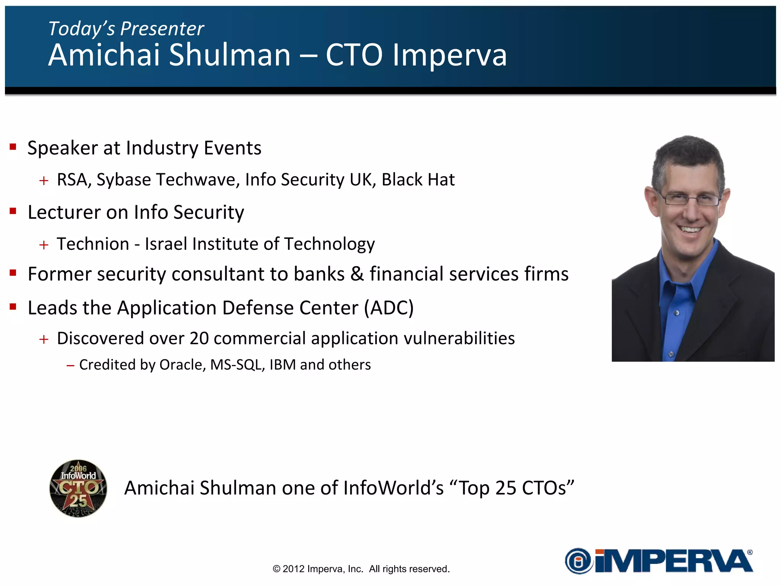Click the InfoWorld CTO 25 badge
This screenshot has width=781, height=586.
click(x=78, y=488)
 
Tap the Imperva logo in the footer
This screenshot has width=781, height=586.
click(x=659, y=561)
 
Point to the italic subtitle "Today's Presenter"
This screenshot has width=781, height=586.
click(x=126, y=29)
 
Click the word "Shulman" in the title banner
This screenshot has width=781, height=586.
click(x=230, y=55)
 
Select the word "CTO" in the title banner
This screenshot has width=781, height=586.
click(x=354, y=55)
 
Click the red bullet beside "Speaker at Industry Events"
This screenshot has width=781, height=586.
click(x=13, y=147)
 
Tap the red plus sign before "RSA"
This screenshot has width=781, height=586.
click(x=44, y=180)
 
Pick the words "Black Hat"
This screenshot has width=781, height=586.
click(x=418, y=180)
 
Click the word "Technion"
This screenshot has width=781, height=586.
click(x=93, y=244)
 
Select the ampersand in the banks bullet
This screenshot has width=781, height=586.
click(x=357, y=274)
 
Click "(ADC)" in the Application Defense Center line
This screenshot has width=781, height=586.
click(x=389, y=308)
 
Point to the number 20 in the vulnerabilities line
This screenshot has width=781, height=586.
click(x=199, y=338)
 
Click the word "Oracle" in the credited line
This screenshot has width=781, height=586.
click(x=182, y=365)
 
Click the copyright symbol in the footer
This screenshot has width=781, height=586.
click(x=276, y=569)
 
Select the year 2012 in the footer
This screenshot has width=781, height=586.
click(x=293, y=569)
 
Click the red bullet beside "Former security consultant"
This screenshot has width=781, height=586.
click(x=13, y=273)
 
